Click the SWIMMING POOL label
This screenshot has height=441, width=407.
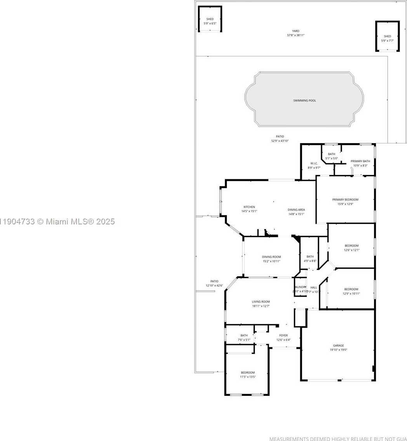click(304, 100)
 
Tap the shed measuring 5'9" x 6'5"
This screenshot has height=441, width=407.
click(210, 21)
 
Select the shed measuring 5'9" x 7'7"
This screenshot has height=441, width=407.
click(387, 38)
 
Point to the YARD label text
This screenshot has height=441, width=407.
click(296, 31)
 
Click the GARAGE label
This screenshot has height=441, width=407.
click(338, 345)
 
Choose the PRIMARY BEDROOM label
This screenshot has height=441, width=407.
click(345, 199)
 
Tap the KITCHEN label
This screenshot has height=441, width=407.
click(249, 207)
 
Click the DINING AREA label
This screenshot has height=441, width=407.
click(296, 210)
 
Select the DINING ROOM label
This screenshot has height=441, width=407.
click(271, 257)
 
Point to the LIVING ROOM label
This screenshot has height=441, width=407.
click(261, 302)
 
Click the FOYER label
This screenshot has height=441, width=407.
click(284, 335)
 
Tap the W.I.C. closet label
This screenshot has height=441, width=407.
click(314, 163)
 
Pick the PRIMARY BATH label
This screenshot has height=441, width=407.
click(360, 161)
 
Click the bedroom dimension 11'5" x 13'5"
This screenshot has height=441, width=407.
click(248, 377)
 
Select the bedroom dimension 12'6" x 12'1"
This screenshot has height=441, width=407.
click(351, 250)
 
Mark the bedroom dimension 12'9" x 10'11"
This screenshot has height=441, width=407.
click(351, 294)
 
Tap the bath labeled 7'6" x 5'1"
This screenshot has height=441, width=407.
click(244, 338)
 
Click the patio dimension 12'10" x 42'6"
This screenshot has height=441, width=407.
click(214, 286)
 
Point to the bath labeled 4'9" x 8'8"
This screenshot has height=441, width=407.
click(310, 259)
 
